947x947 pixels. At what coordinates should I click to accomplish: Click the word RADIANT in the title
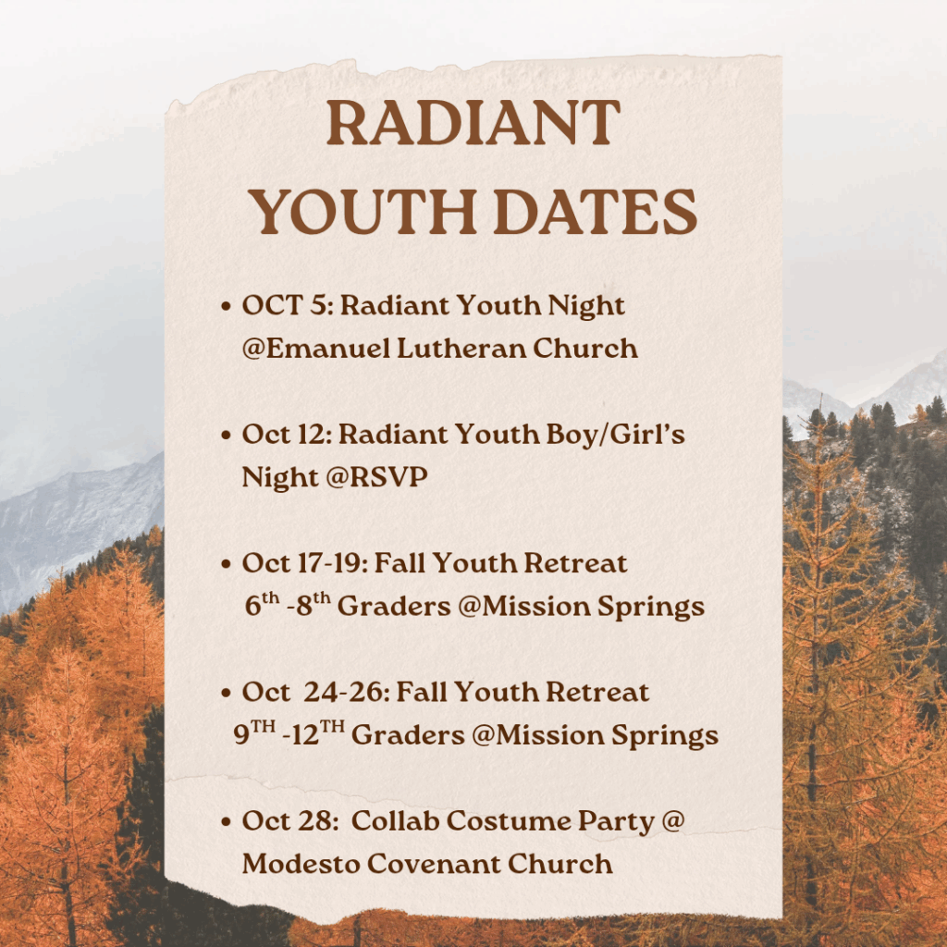click(473, 123)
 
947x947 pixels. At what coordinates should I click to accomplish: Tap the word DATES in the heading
click(596, 212)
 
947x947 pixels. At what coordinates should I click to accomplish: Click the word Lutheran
click(461, 349)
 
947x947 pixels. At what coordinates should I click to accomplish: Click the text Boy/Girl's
click(615, 435)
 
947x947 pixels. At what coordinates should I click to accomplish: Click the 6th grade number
click(262, 603)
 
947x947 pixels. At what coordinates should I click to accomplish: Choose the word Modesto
click(301, 864)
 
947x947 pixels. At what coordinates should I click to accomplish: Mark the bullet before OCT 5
click(226, 306)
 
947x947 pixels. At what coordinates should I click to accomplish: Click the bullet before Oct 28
click(226, 821)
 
